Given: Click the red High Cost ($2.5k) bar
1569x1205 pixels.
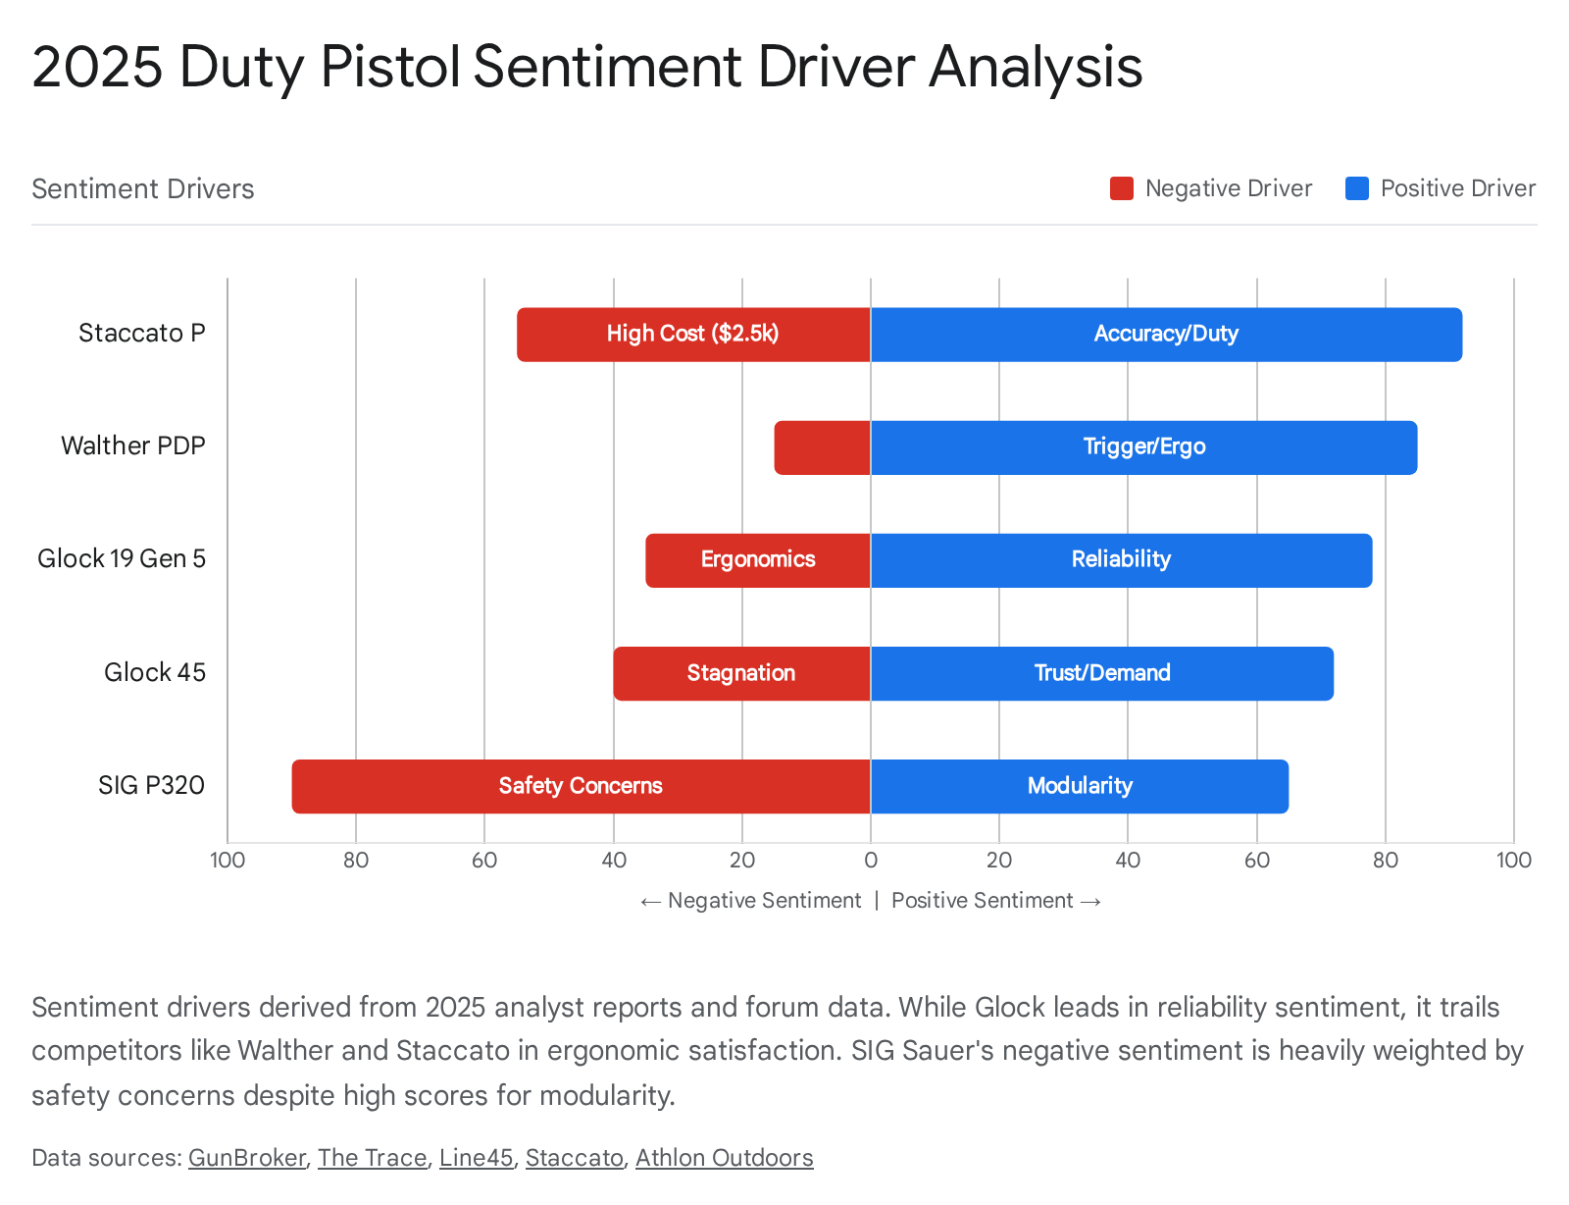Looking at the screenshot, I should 693,335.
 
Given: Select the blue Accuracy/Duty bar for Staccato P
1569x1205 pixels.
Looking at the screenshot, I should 1166,335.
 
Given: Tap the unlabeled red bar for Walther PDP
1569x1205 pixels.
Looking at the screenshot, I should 822,447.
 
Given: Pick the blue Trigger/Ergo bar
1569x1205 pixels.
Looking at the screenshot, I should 1143,447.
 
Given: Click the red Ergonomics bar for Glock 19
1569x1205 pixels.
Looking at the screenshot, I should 757,560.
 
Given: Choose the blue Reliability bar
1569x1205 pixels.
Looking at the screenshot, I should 1121,560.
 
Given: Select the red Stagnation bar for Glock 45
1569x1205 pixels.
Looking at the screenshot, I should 741,673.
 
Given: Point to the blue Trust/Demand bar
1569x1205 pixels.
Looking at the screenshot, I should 1102,673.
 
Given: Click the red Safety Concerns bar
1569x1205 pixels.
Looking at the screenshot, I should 581,786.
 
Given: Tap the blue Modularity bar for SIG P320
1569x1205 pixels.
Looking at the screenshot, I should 1080,786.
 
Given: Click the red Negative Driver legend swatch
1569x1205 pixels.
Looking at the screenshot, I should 1122,188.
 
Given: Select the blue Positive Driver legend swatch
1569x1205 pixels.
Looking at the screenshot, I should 1357,188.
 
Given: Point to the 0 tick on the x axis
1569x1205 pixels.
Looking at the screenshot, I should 871,861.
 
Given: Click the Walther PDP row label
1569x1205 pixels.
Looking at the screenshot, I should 133,446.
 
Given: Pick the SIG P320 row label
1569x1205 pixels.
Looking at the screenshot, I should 151,786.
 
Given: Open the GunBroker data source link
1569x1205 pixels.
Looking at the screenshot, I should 247,1158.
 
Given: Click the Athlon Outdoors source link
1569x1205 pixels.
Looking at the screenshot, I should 724,1158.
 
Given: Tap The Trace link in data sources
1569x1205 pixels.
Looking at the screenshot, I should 372,1158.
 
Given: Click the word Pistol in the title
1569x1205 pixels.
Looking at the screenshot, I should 390,67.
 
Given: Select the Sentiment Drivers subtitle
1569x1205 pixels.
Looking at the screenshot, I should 143,188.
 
